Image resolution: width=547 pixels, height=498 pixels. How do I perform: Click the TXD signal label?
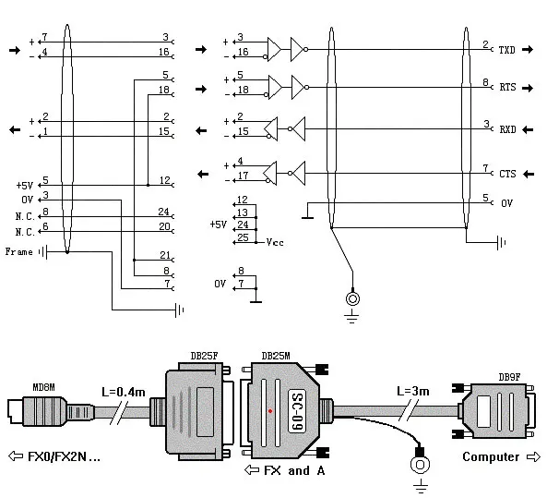click(506, 49)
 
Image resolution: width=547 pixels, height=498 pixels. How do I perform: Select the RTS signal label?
click(506, 89)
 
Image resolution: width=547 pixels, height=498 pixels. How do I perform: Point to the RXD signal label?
click(506, 129)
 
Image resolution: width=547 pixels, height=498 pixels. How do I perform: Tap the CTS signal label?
click(506, 173)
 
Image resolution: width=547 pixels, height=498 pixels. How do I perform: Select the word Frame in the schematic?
click(19, 251)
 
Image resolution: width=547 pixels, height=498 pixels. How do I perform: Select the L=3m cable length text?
click(412, 392)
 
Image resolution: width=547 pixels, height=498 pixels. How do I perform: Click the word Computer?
click(491, 456)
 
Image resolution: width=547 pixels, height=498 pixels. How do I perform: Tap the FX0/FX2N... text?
click(61, 456)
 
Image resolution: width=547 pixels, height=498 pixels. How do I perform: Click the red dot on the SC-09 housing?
click(269, 409)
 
